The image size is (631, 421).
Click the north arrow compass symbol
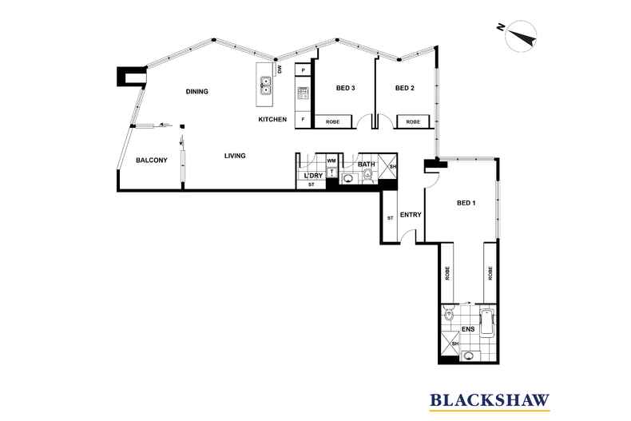coord(521,36)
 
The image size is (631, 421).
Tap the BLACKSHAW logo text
coord(490,400)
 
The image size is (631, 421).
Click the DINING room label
coord(196,92)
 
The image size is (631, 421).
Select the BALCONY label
coord(151,161)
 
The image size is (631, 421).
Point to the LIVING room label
coord(235,156)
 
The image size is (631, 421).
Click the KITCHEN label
coord(272,119)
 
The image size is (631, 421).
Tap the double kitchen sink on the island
coord(266,85)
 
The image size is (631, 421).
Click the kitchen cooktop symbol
coord(303,93)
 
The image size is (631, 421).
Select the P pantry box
coord(303,70)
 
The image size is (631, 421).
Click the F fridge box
coord(303,120)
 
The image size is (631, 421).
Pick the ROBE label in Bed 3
coord(332,121)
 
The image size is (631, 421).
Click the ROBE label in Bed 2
coord(413,121)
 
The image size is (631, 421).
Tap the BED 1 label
coord(466,203)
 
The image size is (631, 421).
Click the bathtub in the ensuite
coord(487,323)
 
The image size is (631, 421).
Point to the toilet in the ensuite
coord(448,312)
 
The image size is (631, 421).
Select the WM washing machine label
coord(331,161)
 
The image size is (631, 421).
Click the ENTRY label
coord(411,215)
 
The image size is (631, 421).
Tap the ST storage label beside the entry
coord(390,218)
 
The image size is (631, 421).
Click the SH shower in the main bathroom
coord(387,166)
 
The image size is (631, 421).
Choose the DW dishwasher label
coord(280,70)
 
